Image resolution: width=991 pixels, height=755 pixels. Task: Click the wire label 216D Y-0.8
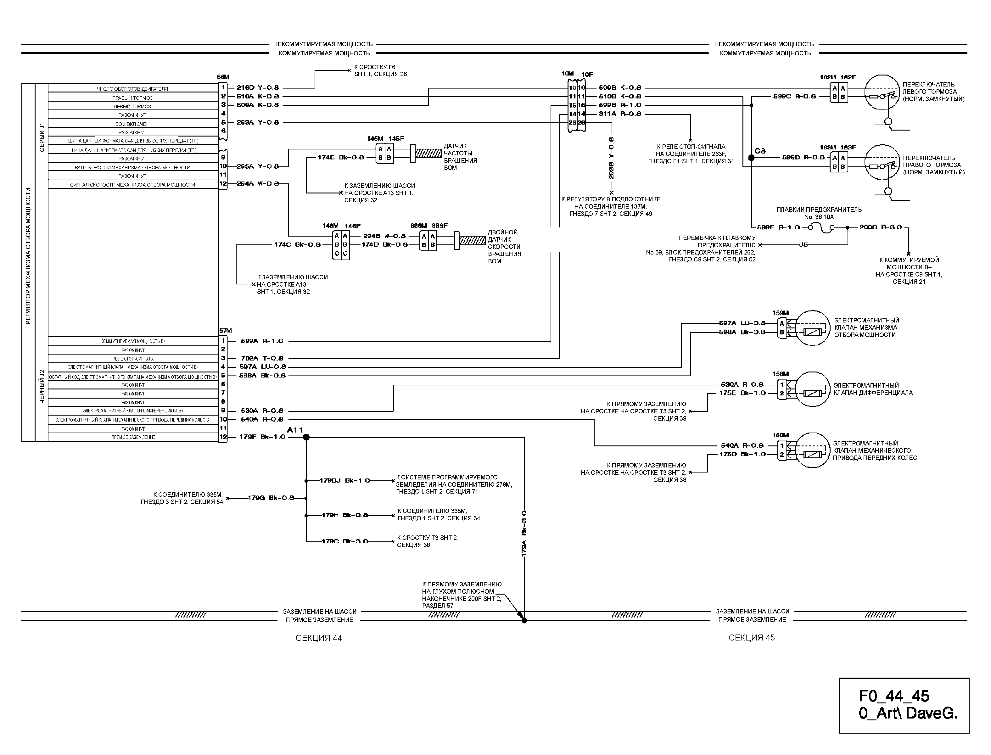(x=258, y=88)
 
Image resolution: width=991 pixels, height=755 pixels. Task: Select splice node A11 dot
(x=306, y=437)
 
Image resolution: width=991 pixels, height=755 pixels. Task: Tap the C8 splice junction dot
(x=751, y=158)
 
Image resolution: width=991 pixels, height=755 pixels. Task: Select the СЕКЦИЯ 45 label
(x=752, y=638)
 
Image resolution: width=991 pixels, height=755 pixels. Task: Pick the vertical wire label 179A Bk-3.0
(x=524, y=535)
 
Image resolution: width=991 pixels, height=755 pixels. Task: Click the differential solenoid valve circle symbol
(x=812, y=389)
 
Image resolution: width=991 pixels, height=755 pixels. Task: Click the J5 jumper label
(x=803, y=245)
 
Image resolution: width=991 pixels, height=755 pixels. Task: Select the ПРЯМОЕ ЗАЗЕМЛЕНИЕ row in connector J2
(x=133, y=437)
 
